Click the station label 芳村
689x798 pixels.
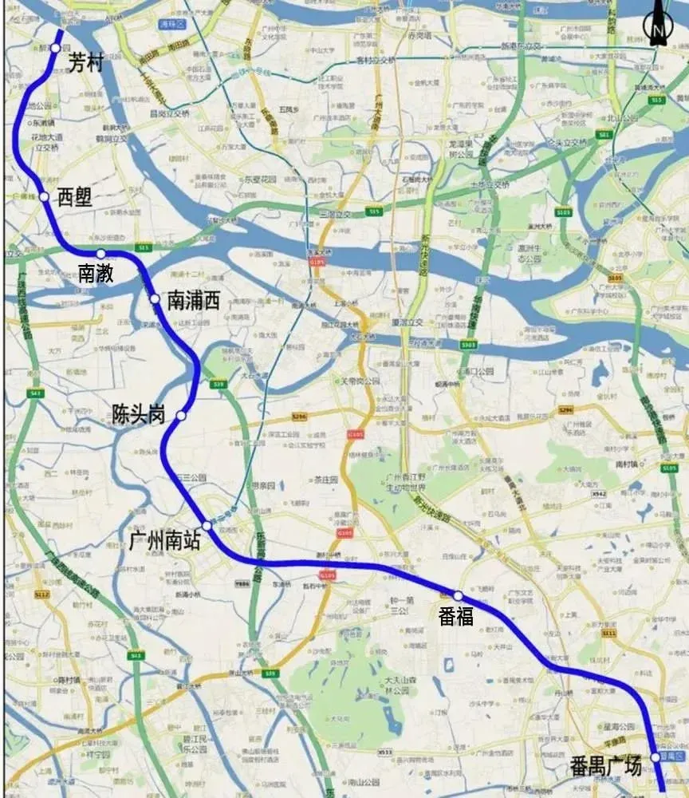coord(86,63)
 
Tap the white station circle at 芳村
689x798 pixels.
coord(54,48)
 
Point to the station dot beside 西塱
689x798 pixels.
coord(45,196)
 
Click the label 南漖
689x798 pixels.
coord(96,273)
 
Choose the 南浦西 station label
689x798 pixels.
coord(193,300)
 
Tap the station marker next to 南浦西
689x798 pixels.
coord(155,299)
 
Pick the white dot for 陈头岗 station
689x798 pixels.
coord(181,416)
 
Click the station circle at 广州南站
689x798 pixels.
coord(207,526)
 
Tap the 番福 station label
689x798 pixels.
coord(456,615)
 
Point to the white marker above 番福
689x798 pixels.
coord(459,595)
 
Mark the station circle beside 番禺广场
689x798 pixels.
coord(655,757)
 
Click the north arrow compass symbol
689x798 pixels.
coord(658,24)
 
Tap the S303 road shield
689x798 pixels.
coord(469,345)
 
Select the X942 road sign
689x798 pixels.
coord(600,495)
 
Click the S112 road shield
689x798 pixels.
coord(41,595)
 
